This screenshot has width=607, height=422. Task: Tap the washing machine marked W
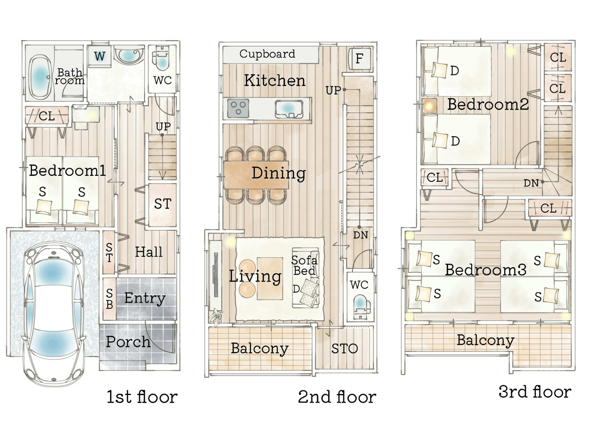(x=99, y=56)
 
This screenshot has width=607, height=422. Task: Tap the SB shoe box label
(x=109, y=299)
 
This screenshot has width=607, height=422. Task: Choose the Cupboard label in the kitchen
(x=267, y=54)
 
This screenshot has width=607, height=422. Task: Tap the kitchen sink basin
(x=289, y=109)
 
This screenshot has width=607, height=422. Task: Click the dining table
(x=256, y=175)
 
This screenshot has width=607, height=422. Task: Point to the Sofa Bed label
(x=304, y=265)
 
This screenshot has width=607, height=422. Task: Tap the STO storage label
(x=344, y=349)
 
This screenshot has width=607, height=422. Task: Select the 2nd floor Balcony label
(x=260, y=348)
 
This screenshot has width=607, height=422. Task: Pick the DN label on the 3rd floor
(x=531, y=183)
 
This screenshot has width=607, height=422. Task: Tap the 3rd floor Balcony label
(x=485, y=340)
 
